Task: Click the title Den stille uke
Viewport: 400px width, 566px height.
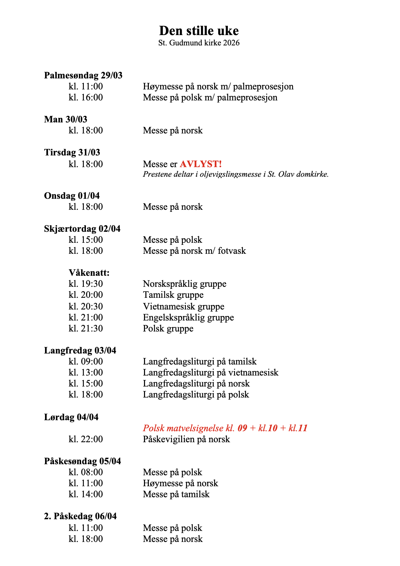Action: [x=199, y=31]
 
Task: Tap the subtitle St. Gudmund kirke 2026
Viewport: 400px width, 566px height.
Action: [x=199, y=43]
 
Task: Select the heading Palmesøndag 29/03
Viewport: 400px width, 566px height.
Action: [x=83, y=75]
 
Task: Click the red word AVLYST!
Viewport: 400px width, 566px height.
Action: [x=201, y=164]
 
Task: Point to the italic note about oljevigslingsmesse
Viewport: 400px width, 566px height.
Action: [x=236, y=174]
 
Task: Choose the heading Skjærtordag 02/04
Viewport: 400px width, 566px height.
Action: [x=82, y=229]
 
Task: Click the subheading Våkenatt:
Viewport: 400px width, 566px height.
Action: [x=89, y=273]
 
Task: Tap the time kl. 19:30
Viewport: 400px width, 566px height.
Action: [x=86, y=284]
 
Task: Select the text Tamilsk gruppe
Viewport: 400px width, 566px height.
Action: [x=173, y=295]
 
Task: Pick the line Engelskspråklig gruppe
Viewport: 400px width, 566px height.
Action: [x=188, y=317]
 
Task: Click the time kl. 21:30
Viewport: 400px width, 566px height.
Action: [x=86, y=328]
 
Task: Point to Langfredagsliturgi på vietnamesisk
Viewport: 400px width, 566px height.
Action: [x=210, y=372]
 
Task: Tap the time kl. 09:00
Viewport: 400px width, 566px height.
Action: [x=86, y=361]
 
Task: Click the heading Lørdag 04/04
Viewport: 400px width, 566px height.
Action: [x=71, y=417]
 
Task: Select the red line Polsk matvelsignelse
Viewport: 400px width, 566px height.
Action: [x=225, y=428]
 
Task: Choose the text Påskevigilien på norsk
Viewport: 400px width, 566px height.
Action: [x=186, y=439]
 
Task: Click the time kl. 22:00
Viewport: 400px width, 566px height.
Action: [x=86, y=439]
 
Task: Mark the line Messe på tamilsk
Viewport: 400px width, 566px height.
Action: [x=176, y=494]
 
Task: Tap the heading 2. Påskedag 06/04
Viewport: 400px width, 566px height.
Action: [x=80, y=516]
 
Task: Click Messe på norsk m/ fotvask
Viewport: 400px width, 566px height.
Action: [x=194, y=251]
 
